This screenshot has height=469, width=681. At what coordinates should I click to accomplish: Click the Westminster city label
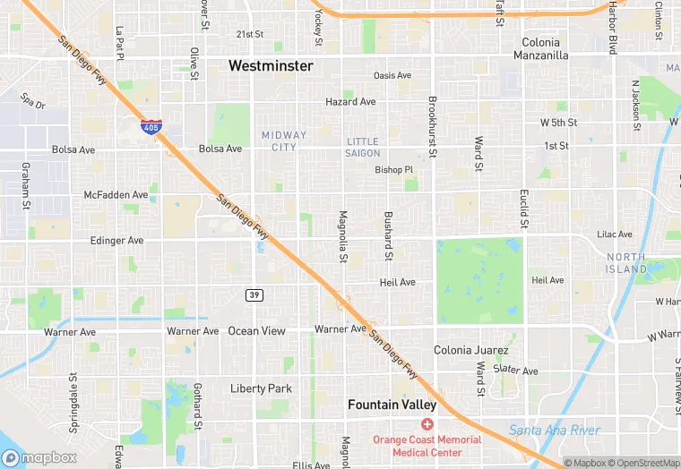pos(271,66)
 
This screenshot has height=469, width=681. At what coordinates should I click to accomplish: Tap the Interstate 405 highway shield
pos(151,127)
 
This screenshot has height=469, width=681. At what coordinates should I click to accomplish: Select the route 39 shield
pos(254,294)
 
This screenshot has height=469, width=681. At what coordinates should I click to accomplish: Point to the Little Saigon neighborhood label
pos(363,148)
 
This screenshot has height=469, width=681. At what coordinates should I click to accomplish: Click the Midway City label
pos(284,141)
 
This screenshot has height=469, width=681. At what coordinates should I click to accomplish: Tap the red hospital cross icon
pos(427,422)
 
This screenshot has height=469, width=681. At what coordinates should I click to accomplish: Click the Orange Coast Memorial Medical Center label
pos(427,445)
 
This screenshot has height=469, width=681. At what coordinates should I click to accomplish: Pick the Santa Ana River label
pos(554,431)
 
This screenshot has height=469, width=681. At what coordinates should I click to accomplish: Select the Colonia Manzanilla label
pos(541,48)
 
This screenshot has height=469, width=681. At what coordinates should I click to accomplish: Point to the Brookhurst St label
pos(432,127)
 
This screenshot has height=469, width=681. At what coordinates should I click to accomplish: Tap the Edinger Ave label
pos(116,241)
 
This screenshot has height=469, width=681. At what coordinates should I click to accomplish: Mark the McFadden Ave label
pos(116,194)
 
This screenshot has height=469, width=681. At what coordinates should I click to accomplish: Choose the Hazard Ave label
pos(350,102)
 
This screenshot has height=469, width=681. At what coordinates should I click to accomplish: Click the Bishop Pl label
pos(394,169)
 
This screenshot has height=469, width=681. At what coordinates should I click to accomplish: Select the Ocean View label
pos(256,331)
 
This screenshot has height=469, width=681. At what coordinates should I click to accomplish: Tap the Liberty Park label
pos(262,388)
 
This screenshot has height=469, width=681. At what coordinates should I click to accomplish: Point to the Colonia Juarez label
pos(471,350)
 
